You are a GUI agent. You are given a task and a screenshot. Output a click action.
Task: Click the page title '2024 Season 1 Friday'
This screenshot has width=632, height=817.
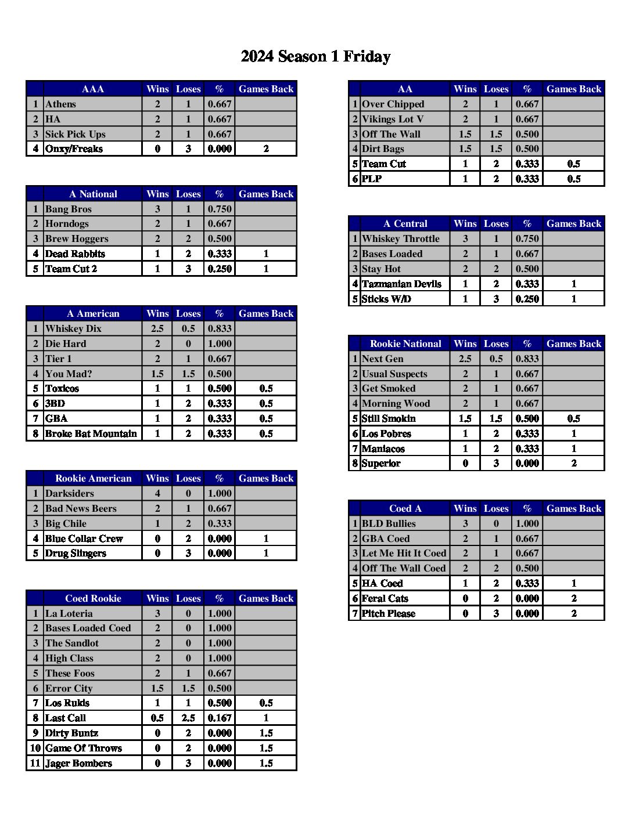coord(315,56)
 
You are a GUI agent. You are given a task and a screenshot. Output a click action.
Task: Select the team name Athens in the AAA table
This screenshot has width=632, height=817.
coord(61,104)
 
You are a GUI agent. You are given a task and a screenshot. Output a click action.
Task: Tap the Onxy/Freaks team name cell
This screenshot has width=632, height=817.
coord(74,149)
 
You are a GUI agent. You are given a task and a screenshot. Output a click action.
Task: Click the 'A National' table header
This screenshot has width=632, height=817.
coord(93,194)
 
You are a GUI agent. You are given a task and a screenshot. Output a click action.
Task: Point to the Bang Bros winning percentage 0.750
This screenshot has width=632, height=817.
coord(220,209)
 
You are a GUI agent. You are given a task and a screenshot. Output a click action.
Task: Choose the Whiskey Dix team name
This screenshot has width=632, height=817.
coord(73,329)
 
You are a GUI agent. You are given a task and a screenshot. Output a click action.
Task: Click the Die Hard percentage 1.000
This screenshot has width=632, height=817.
coord(220,344)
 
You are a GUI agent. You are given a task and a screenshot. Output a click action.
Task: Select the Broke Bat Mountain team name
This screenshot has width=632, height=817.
coord(91,434)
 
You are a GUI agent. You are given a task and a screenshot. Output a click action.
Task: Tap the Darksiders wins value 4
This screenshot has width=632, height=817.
coord(157,494)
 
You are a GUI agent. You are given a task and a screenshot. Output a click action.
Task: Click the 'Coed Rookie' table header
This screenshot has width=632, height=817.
coord(93,599)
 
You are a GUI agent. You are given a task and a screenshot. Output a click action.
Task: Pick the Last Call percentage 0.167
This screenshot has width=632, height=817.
coord(220,718)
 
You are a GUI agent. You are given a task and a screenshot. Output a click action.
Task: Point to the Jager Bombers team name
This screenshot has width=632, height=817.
coord(78,764)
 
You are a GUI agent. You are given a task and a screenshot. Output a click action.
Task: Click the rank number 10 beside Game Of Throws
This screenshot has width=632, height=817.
coord(35,749)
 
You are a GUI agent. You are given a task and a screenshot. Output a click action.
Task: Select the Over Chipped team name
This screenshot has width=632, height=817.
coord(393,104)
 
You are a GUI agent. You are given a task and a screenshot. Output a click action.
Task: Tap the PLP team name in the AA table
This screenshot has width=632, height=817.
coord(372,179)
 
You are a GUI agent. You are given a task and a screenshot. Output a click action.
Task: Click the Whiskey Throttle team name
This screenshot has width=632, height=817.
coord(401,239)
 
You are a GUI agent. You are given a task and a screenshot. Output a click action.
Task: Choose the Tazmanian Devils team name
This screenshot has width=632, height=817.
coord(401,284)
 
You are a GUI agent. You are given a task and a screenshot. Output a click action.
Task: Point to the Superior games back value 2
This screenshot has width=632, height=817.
coord(574,464)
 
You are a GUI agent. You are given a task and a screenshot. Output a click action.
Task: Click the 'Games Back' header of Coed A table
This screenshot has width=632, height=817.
coord(574,509)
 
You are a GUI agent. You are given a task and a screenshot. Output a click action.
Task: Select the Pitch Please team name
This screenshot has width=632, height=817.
coord(389,614)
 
